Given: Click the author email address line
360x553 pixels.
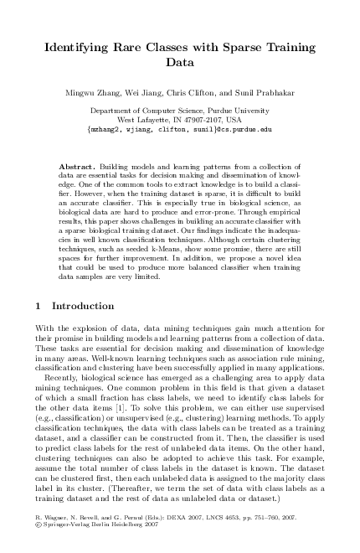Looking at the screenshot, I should [x=179, y=131].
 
